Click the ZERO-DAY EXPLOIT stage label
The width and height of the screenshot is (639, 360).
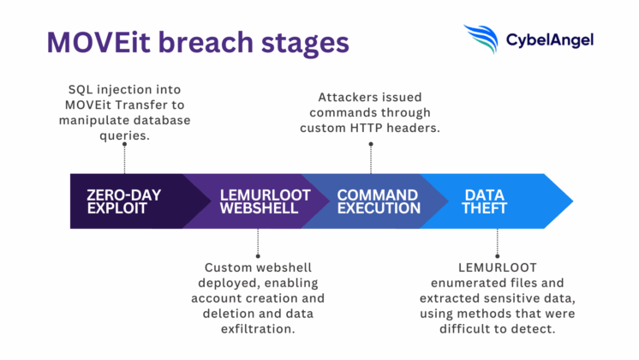coord(123,201)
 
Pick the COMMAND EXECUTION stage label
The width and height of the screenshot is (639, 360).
coord(378,201)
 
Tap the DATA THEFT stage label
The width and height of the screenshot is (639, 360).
coord(485,201)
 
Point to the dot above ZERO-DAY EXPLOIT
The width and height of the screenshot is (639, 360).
coord(125,144)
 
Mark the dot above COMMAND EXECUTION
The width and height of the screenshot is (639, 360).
coord(371,144)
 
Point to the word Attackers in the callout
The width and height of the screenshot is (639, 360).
coord(349,98)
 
